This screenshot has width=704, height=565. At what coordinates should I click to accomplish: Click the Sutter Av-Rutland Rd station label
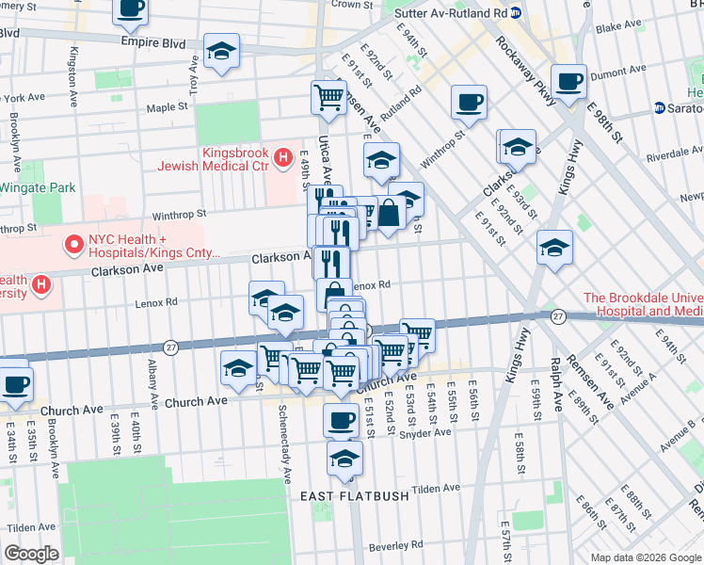(447, 13)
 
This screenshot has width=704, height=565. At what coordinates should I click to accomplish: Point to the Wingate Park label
(38, 187)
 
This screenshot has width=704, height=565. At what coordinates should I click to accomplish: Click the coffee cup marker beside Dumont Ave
(568, 82)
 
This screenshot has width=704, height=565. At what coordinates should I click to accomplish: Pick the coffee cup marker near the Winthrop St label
(468, 103)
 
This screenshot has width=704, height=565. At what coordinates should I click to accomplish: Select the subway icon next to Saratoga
(660, 108)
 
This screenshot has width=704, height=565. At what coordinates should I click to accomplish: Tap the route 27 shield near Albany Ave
(170, 347)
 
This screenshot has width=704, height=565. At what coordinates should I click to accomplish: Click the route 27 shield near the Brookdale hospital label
(557, 315)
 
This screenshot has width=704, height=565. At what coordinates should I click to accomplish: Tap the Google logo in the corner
(31, 554)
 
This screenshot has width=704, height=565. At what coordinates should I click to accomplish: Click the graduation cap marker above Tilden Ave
(344, 460)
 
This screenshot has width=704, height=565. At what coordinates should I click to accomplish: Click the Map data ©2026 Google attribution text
(646, 557)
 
